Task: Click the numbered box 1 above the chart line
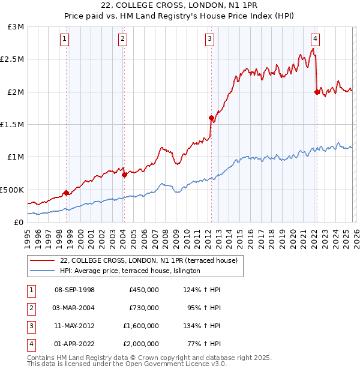pos(64,40)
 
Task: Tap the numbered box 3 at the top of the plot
pos(209,40)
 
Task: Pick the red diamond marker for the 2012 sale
pos(211,118)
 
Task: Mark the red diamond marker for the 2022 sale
pos(317,92)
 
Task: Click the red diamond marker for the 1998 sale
pos(66,193)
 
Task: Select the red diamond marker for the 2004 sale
pos(124,175)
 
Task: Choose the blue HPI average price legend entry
pos(130,271)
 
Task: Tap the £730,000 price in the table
pos(144,308)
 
